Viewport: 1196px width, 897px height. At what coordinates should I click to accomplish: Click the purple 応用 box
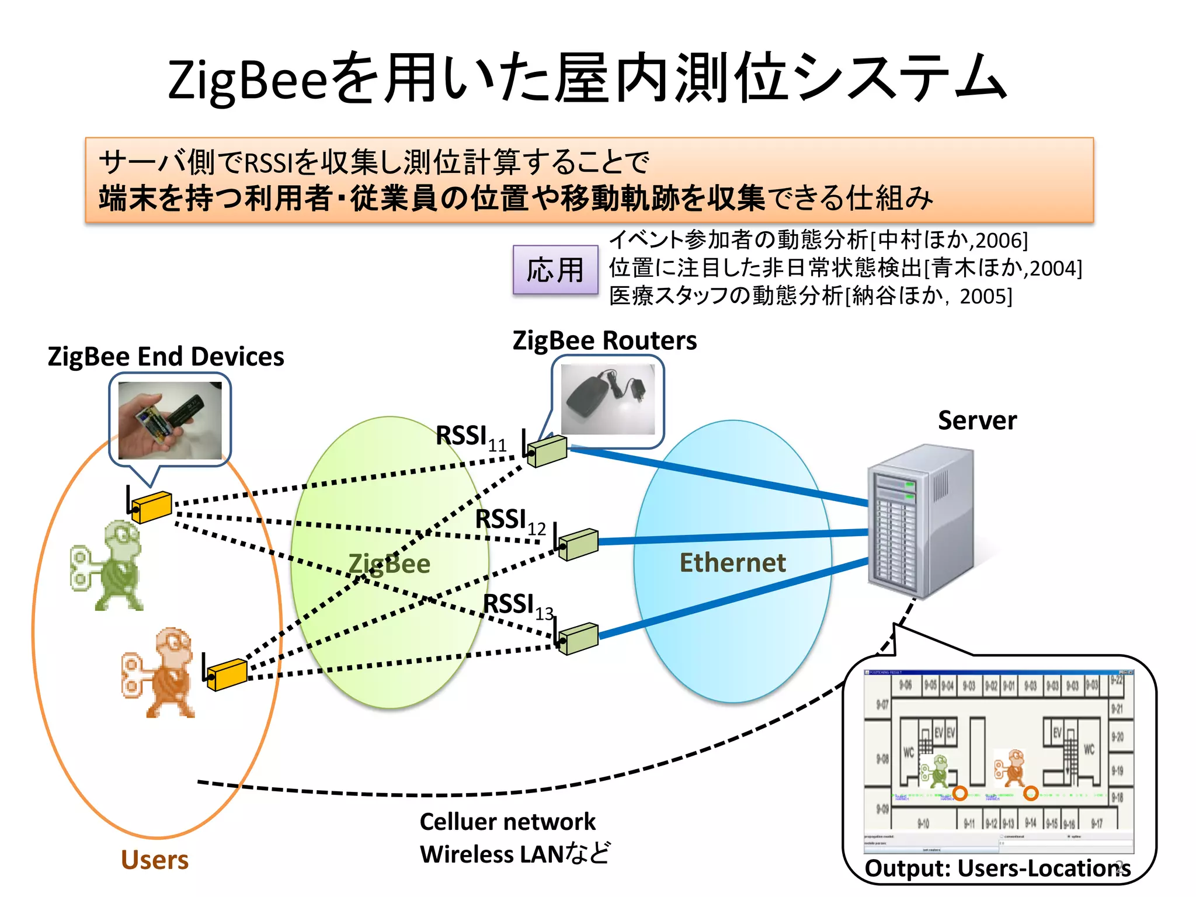click(555, 270)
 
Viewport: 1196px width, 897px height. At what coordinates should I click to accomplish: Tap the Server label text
click(977, 420)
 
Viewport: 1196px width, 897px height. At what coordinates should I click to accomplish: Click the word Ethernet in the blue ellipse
click(732, 563)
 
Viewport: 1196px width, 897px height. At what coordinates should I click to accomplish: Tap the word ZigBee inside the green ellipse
click(390, 564)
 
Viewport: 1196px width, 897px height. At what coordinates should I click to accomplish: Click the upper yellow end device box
click(152, 506)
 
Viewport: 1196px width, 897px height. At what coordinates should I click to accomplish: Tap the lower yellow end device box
click(227, 674)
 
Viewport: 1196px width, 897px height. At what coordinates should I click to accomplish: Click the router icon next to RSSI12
click(578, 544)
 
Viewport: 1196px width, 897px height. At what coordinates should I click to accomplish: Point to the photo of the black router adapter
click(607, 399)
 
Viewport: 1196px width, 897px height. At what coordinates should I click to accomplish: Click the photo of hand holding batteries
click(170, 420)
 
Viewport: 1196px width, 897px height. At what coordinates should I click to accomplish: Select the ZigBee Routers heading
click(604, 340)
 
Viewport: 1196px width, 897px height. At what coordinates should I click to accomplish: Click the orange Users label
click(155, 860)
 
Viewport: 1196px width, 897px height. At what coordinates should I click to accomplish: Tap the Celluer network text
click(507, 822)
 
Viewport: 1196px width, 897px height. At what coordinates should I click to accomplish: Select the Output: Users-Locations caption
click(996, 868)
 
